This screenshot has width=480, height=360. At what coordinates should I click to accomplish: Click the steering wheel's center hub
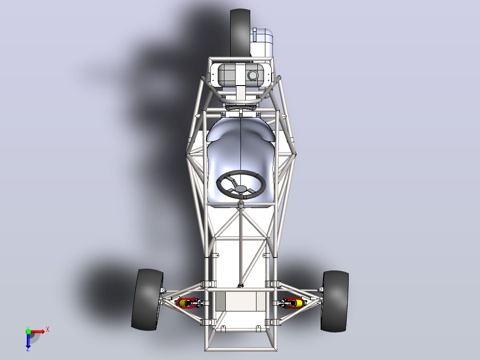[x=241, y=188]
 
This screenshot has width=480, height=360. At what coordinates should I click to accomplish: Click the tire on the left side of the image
[x=147, y=299]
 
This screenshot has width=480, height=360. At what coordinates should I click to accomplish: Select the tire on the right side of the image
[x=334, y=301]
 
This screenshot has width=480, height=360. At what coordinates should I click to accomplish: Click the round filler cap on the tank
[x=253, y=75]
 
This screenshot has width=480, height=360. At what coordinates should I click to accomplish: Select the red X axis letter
[x=48, y=330]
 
